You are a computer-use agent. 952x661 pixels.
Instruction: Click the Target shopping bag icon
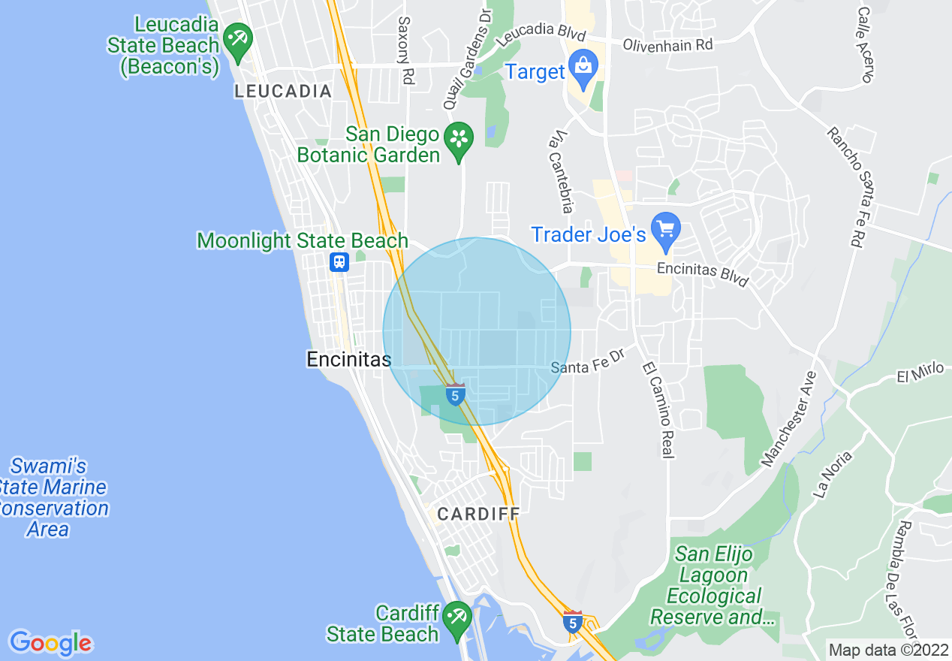583,65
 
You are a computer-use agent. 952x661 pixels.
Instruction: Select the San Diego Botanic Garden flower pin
459,140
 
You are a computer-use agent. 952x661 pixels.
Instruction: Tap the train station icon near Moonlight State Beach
339,261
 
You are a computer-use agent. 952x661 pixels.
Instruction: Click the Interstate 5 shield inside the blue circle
455,394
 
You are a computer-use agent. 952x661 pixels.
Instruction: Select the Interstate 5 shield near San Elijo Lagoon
572,622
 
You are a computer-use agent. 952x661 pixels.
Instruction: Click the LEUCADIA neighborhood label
283,92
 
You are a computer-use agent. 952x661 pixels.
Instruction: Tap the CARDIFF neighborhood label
478,515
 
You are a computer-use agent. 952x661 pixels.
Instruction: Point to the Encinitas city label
349,360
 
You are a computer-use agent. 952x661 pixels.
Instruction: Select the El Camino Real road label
659,410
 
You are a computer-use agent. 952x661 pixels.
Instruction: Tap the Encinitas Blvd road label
703,273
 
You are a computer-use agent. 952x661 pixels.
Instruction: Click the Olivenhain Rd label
667,45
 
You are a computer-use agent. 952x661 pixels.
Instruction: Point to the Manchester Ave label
788,418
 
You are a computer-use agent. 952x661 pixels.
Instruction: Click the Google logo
50,643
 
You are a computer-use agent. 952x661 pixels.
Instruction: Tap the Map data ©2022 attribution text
887,649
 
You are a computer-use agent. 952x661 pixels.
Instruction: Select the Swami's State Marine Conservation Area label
53,498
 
